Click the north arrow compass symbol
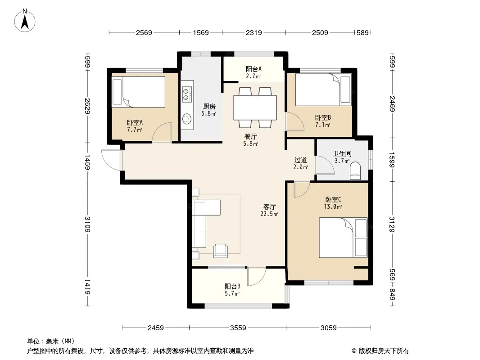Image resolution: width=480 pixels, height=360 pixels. (x=25, y=21)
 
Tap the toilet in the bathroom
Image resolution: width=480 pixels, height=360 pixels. (x=355, y=171)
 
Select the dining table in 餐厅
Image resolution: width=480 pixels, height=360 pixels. (x=255, y=108)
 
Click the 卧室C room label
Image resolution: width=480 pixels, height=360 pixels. (x=333, y=200)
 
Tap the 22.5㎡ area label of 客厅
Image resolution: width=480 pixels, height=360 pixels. (x=269, y=214)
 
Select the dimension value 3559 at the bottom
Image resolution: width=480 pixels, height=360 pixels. (x=238, y=328)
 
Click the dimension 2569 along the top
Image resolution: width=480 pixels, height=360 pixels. (x=144, y=32)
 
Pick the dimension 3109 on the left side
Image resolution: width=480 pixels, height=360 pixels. (x=87, y=224)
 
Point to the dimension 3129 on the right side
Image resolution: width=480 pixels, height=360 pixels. (x=392, y=224)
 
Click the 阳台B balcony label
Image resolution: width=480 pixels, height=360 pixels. (x=232, y=287)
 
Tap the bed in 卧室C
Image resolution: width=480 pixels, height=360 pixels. (x=343, y=238)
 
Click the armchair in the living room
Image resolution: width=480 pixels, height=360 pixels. (x=220, y=250)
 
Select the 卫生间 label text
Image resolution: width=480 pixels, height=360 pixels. (x=342, y=153)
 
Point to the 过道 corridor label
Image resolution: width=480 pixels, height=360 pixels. (x=301, y=160)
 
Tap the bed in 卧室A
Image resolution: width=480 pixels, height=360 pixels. (x=139, y=92)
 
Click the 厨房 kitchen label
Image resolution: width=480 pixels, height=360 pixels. (x=209, y=107)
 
